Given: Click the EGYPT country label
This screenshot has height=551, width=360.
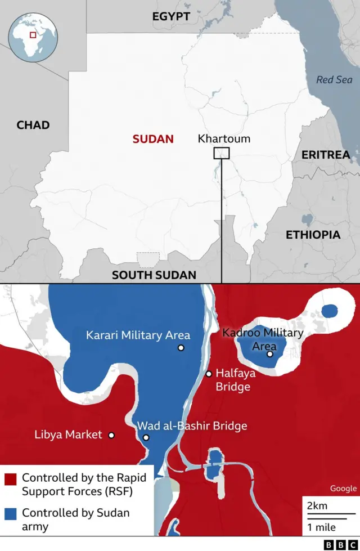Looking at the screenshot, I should tap(171, 17).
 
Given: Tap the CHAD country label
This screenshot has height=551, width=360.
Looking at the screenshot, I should tap(33, 125).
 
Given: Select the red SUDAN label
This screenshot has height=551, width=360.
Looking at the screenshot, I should tap(153, 139).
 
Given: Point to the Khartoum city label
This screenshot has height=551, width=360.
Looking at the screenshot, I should tap(224, 138).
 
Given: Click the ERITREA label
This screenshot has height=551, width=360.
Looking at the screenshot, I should tap(326, 154).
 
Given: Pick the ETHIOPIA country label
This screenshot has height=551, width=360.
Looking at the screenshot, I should tap(313, 235).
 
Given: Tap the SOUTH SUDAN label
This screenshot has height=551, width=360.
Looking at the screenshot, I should tap(154, 275).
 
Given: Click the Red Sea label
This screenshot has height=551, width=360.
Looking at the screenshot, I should tap(334, 80).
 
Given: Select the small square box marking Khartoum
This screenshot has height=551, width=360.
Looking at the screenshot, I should tap(222, 153).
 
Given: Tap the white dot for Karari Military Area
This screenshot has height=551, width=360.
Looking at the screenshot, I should tap(181, 348).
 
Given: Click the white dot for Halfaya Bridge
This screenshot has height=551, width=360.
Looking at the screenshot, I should tap(209, 374).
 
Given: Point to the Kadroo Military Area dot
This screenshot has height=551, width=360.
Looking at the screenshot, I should tap(270, 354).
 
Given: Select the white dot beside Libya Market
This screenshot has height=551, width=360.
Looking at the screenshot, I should tap(111, 435).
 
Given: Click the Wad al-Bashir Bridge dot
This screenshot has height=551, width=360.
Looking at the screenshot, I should tap(146, 437).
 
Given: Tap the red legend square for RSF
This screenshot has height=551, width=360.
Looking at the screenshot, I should tap(10, 480).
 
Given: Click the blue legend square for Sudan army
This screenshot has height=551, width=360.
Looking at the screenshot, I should tap(10, 514).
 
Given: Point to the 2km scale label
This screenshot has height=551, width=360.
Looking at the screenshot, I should tap(317, 505).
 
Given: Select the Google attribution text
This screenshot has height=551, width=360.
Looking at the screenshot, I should tap(343, 489).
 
